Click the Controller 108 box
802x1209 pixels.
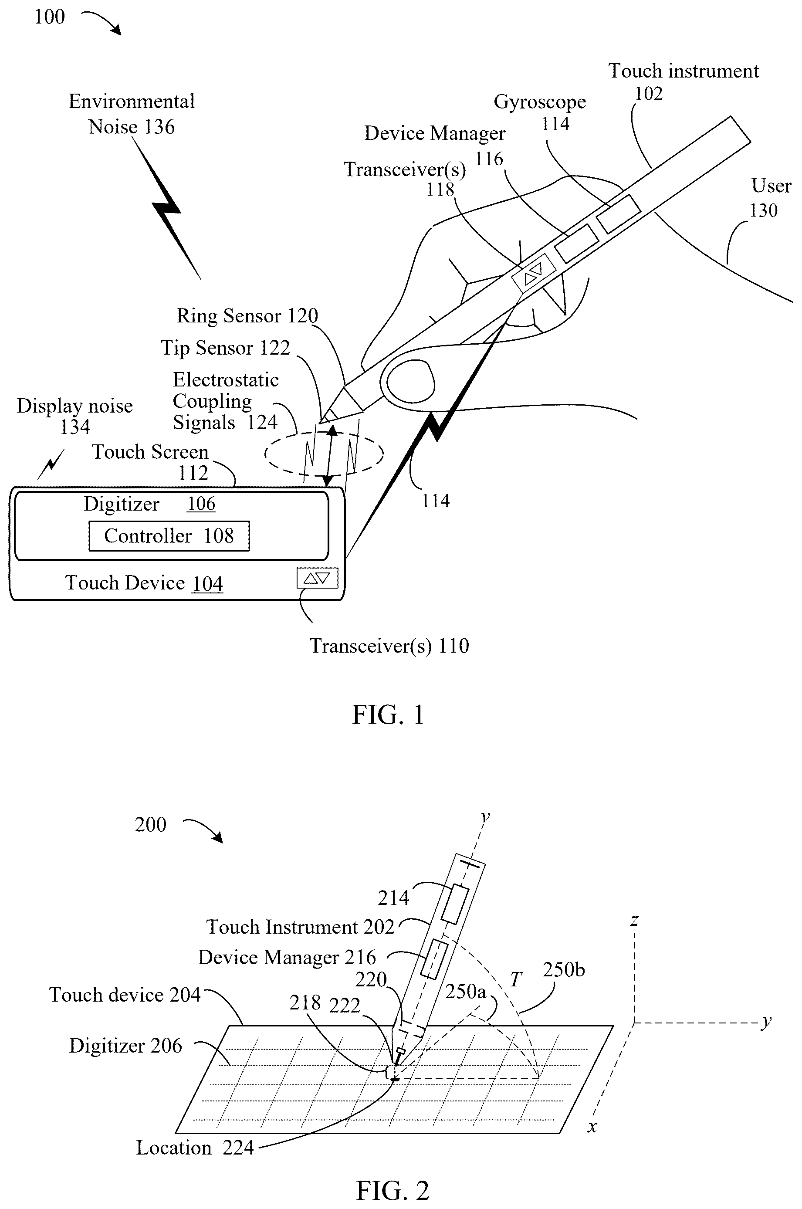pos(169,536)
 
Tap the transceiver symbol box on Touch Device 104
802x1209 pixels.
pos(317,578)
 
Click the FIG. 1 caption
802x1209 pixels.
pos(388,715)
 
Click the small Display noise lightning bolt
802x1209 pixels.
pos(51,464)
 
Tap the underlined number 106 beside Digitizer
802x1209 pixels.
pos(201,504)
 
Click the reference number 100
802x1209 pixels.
pos(50,17)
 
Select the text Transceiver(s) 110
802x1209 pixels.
pos(389,646)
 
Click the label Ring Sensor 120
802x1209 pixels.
pos(247,316)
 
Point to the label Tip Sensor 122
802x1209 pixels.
pos(225,348)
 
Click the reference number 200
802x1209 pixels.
pos(150,825)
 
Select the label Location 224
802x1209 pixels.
pos(195,1148)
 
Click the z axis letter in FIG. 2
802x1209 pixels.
pos(634,921)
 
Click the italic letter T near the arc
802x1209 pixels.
pos(516,979)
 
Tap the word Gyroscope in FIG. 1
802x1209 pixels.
pos(540,103)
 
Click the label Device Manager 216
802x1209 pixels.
pos(287,957)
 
